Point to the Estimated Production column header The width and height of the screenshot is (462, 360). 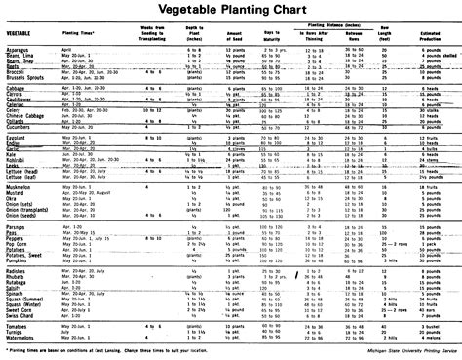[x=435, y=36]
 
